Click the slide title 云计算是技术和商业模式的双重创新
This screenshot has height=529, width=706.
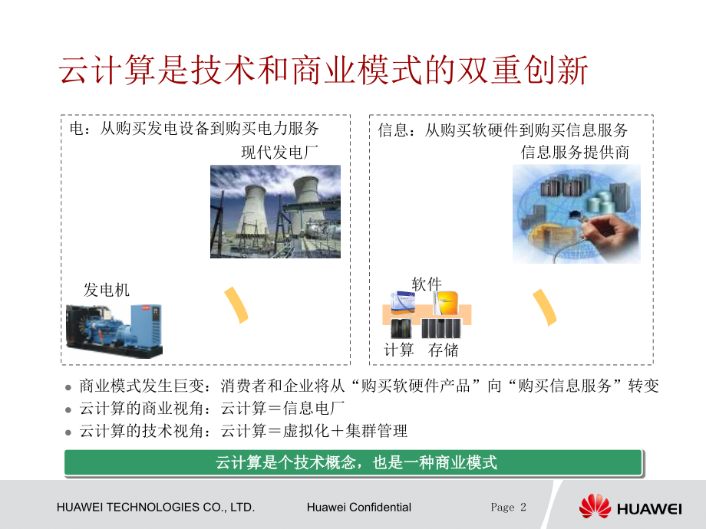(323, 71)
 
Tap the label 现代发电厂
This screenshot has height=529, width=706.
(279, 152)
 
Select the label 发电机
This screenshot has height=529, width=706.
(107, 290)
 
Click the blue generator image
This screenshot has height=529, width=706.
(114, 329)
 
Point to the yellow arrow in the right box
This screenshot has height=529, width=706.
(546, 307)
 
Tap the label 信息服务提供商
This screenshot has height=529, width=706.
(575, 152)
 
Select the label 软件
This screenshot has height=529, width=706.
(427, 284)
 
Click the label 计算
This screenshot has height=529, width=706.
(399, 350)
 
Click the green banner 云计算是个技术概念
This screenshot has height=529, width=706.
(352, 463)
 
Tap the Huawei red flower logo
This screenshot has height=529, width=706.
(595, 506)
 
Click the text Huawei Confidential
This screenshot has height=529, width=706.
(358, 507)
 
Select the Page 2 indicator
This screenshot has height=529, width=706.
(509, 507)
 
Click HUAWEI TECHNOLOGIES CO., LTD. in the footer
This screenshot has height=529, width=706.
(156, 507)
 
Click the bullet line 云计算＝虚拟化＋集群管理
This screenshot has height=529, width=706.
(243, 431)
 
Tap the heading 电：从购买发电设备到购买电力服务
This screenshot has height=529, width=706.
(194, 129)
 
